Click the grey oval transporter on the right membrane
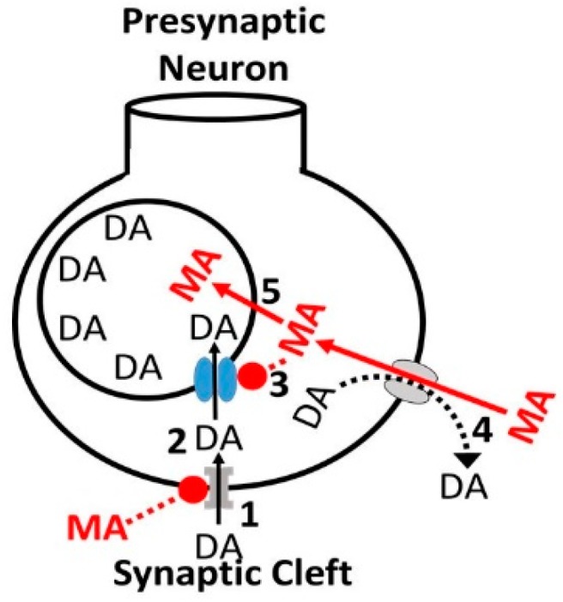point(406,378)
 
